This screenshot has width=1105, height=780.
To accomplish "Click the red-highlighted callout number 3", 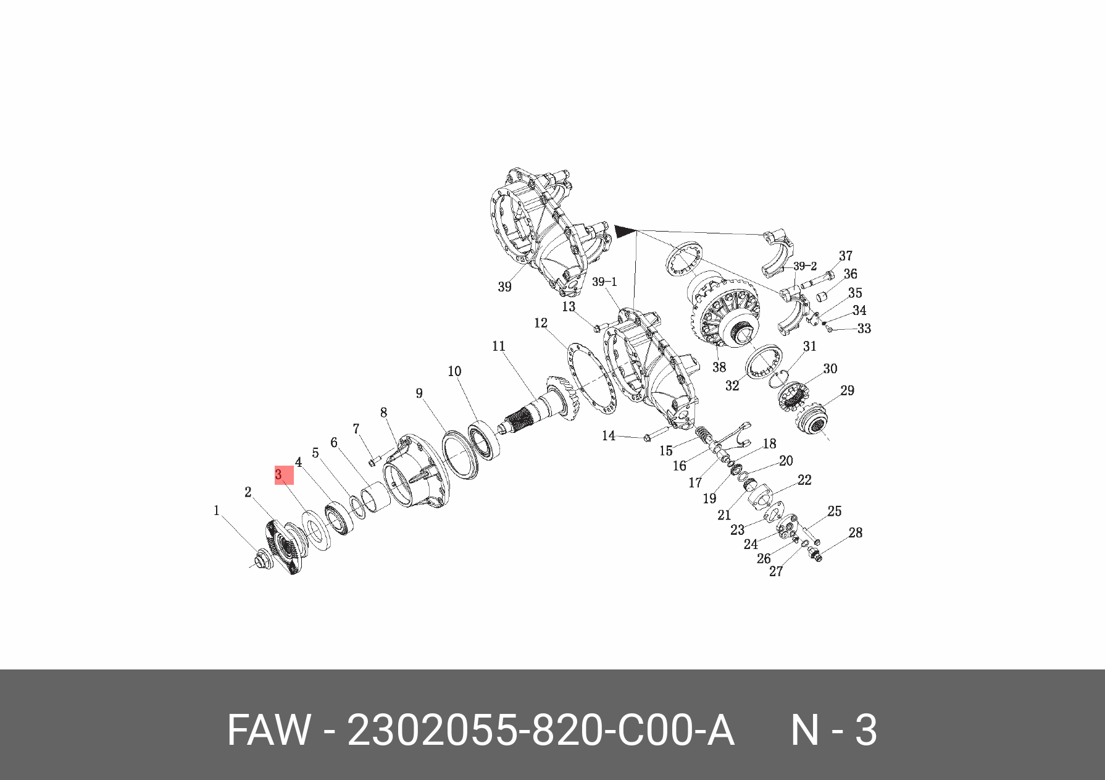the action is click(279, 475).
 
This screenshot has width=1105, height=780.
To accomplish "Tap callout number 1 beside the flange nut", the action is click(216, 511).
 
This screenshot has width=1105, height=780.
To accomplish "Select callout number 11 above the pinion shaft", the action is click(499, 346).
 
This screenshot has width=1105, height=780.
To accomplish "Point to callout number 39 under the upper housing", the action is click(504, 287).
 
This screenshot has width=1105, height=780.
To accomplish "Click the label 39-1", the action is click(604, 282).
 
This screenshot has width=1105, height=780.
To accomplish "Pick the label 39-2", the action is click(804, 266).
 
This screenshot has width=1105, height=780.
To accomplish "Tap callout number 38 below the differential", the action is click(719, 367).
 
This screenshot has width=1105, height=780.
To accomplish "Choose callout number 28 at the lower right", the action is click(855, 532).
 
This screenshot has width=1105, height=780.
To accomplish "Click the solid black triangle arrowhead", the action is click(624, 232).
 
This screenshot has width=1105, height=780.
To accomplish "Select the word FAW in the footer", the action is click(268, 731).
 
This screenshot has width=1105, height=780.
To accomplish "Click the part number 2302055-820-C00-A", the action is click(540, 731).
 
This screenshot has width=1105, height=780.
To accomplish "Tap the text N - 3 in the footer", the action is click(833, 731).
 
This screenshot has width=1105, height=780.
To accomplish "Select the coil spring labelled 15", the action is click(703, 434).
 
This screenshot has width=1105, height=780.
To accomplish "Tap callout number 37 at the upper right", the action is click(846, 256).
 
